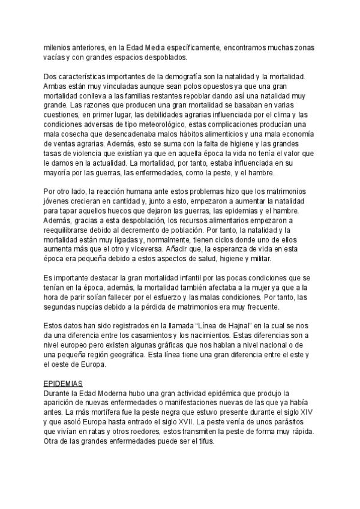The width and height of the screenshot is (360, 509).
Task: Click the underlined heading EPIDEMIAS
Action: click(64, 383)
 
